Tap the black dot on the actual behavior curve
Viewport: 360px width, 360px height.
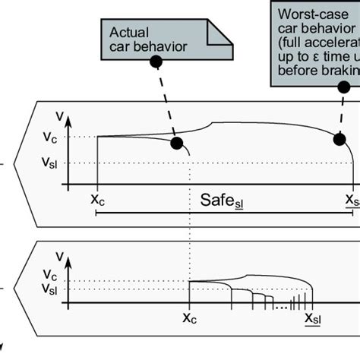[176, 143]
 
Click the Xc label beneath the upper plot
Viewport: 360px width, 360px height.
[97, 200]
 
